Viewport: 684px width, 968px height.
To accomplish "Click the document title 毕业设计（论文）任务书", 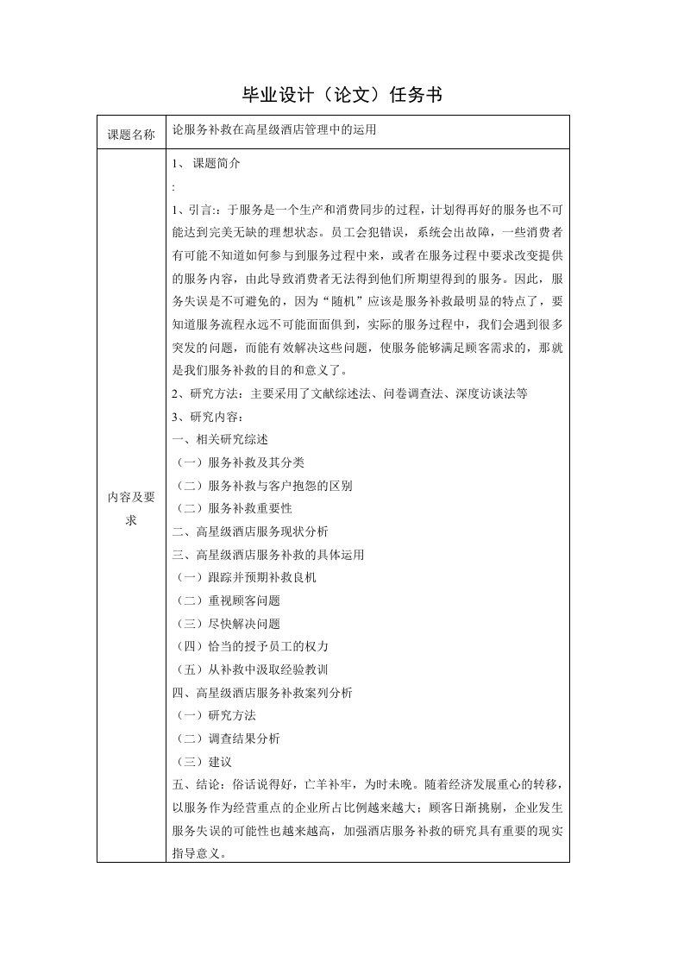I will pos(342,95).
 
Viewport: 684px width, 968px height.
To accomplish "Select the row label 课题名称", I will pos(131,135).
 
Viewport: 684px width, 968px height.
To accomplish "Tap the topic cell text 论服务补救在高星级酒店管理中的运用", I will pos(274,131).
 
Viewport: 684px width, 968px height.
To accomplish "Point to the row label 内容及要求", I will pos(131,508).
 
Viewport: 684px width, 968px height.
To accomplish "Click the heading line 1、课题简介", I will pos(207,163).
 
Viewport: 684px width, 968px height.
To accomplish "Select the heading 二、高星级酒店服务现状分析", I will pos(250,531).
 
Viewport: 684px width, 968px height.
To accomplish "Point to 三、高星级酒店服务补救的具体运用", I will pos(268,555).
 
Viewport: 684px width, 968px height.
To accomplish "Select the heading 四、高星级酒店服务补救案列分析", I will pos(262,693).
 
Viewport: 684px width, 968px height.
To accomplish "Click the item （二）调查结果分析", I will pos(227,739).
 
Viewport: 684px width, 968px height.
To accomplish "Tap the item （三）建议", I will pos(203,762).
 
